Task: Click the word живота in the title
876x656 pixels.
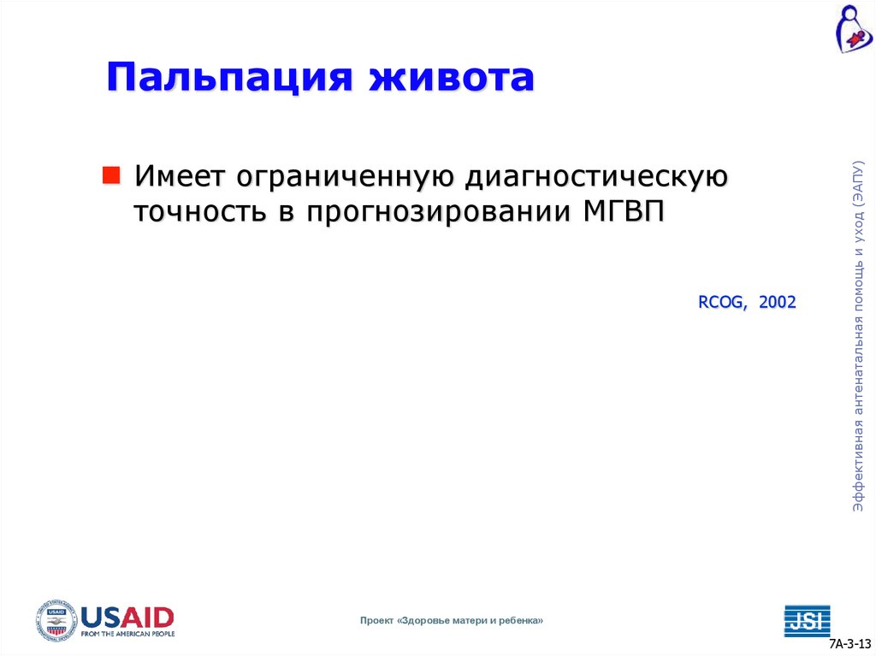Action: pos(452,78)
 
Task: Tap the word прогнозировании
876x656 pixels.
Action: pos(431,213)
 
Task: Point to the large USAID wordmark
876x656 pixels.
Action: pos(127,616)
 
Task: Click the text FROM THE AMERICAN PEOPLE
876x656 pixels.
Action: pos(127,634)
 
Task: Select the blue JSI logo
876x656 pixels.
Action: pos(807,620)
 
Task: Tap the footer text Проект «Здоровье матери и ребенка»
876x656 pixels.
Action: pos(451,620)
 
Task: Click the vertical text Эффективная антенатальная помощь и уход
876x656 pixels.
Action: pos(858,338)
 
